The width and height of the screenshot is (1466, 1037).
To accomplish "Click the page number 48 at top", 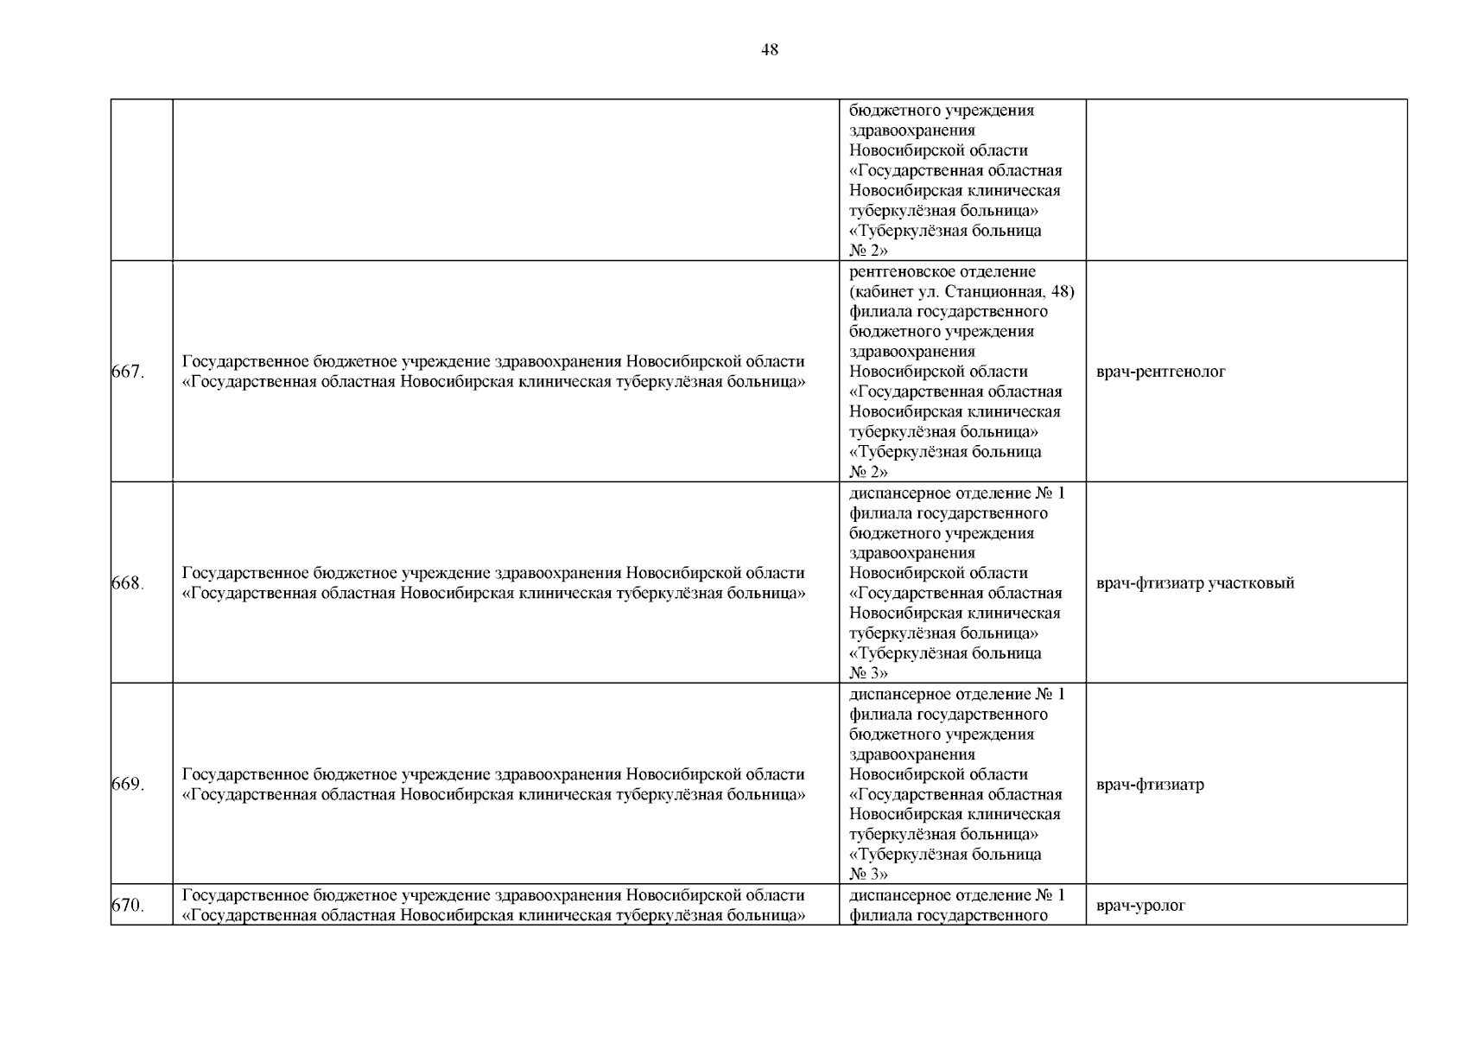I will click(x=769, y=50).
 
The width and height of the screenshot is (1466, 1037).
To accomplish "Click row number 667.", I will click(x=128, y=372).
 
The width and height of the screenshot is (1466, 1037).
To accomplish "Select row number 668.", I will click(x=128, y=583).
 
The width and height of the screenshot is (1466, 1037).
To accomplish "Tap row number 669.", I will click(x=128, y=785).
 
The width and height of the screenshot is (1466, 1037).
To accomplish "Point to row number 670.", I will click(x=128, y=906).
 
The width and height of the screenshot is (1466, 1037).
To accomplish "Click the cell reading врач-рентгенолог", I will click(x=1160, y=372).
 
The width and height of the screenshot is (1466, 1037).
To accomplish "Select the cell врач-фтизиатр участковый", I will click(x=1195, y=583).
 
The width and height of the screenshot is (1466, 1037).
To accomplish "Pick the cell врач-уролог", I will click(x=1140, y=906).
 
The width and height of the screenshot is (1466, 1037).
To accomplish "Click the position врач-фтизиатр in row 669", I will click(x=1150, y=785).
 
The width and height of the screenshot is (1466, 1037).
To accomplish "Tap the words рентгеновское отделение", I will click(x=942, y=272).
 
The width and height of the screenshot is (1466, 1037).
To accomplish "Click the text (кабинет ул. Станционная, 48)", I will click(x=961, y=292).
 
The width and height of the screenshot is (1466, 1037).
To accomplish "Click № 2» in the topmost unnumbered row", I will click(x=868, y=251).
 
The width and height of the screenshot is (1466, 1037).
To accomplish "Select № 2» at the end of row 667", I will click(x=868, y=472).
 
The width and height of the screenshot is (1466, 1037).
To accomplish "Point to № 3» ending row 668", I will click(x=868, y=673).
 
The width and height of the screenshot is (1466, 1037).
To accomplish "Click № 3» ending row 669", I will click(x=868, y=875).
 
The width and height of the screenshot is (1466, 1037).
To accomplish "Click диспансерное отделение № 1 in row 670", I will click(x=957, y=895).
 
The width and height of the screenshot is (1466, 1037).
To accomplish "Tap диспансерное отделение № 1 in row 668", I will click(x=957, y=493).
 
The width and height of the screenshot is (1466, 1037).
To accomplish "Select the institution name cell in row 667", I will click(x=493, y=372).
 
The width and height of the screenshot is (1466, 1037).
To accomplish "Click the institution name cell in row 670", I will click(x=493, y=906).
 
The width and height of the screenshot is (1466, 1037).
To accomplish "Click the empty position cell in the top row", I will click(x=1246, y=180).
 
